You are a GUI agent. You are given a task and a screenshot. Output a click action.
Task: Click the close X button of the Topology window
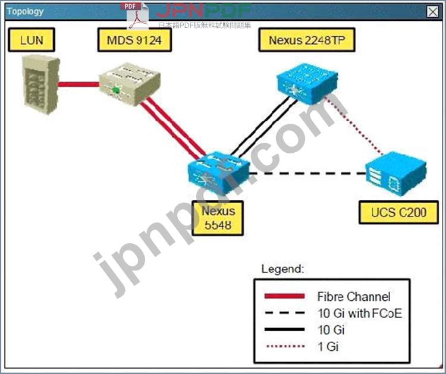click(432, 11)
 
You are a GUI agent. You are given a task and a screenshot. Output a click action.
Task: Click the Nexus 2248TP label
click(306, 40)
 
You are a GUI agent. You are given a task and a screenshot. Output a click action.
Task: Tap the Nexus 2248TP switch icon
click(301, 82)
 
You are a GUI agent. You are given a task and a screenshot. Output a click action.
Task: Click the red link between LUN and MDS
click(78, 84)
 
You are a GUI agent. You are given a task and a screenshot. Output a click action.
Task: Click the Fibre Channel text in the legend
click(353, 297)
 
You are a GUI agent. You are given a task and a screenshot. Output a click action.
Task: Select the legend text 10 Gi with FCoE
click(359, 313)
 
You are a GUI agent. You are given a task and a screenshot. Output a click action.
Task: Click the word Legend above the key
click(282, 269)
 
